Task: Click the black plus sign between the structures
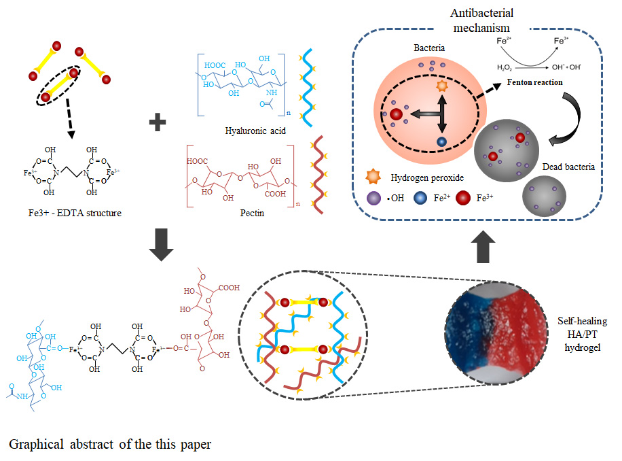[158, 122]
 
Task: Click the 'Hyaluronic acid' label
[255, 131]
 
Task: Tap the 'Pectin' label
[252, 213]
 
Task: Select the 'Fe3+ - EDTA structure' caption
[75, 213]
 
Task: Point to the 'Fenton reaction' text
[534, 82]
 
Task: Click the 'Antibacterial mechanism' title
[481, 20]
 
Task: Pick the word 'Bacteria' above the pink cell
[429, 48]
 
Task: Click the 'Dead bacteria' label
[568, 167]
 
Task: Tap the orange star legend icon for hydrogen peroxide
[373, 177]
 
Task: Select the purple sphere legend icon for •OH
[373, 198]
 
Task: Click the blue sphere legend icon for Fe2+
[420, 198]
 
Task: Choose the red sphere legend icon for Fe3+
[463, 198]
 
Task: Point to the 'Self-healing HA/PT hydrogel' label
[583, 334]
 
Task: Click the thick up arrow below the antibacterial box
[483, 247]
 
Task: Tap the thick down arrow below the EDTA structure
[161, 245]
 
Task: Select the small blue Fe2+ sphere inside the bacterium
[441, 141]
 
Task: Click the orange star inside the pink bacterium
[442, 86]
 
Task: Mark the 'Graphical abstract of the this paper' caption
[110, 444]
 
